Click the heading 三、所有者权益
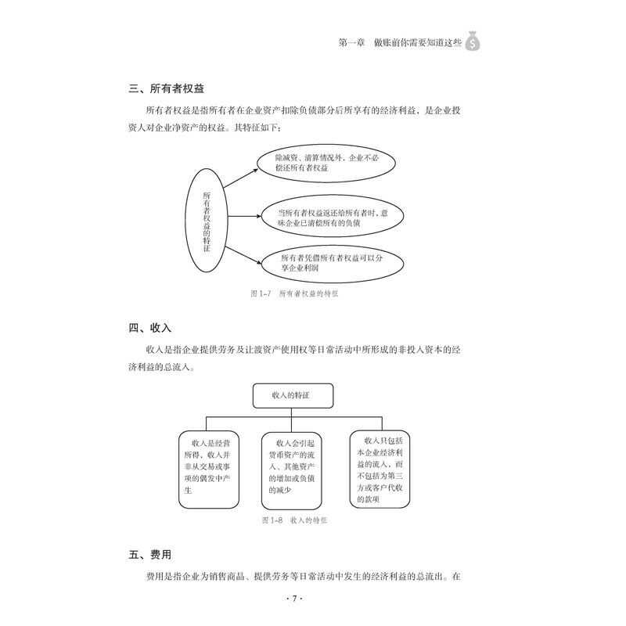coord(171,89)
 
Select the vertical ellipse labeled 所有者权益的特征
coord(207,221)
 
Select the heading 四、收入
coord(150,327)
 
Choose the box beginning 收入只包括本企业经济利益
coord(382,469)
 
